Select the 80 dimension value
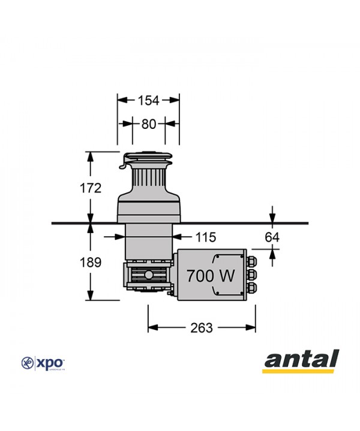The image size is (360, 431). [148, 124]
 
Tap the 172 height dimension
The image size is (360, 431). [90, 188]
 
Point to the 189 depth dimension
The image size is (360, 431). [90, 262]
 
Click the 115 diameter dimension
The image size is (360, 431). [204, 237]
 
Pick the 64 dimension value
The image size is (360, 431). [272, 237]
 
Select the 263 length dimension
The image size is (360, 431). [201, 327]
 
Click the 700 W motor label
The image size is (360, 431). [210, 276]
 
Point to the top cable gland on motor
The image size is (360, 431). [251, 261]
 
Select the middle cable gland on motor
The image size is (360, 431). [251, 275]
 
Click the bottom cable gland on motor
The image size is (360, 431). [251, 289]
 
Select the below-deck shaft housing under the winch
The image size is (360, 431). [148, 243]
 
